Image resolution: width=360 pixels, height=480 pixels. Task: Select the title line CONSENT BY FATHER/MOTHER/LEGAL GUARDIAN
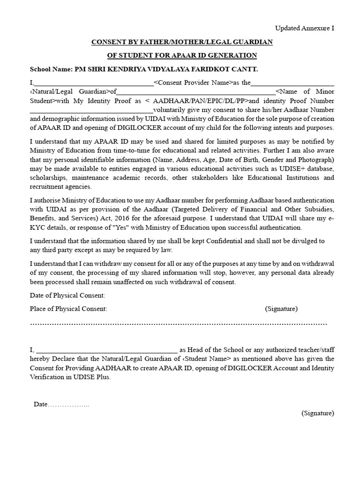click(182, 42)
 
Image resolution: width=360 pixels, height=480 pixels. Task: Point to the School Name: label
click(51, 69)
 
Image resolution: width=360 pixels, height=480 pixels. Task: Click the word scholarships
click(48, 178)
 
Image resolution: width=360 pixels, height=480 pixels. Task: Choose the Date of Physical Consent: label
click(67, 295)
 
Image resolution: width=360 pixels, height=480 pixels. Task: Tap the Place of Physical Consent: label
click(68, 308)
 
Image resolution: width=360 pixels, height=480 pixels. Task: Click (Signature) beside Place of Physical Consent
click(281, 308)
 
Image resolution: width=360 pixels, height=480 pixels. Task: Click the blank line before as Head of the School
click(106, 350)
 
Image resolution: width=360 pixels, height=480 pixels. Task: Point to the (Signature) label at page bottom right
click(318, 413)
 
